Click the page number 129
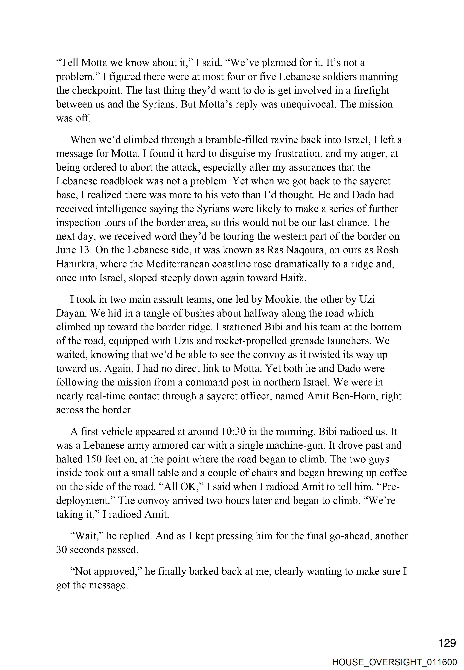click(447, 643)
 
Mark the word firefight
click(371, 90)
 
